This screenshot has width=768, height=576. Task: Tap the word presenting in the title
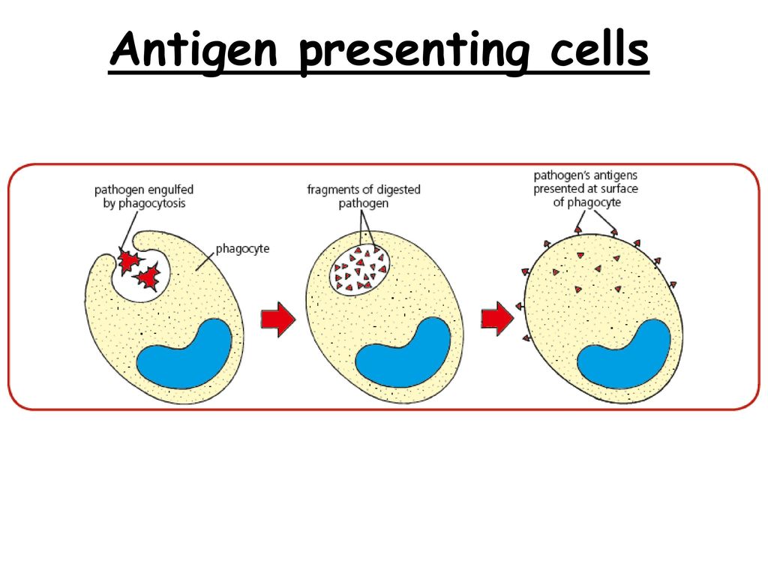click(x=414, y=52)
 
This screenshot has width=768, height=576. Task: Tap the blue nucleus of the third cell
click(x=624, y=354)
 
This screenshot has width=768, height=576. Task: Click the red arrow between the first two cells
click(x=278, y=319)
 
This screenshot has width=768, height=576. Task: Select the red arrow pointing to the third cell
click(x=497, y=319)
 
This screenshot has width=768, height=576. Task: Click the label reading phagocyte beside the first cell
click(x=242, y=249)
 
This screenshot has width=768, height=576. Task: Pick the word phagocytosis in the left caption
click(x=151, y=203)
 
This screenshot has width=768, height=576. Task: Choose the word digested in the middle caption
click(x=399, y=190)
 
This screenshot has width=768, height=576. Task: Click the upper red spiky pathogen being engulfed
click(x=129, y=259)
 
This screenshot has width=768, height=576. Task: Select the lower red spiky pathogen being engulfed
click(x=148, y=277)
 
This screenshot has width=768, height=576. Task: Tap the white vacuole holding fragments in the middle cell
click(x=359, y=269)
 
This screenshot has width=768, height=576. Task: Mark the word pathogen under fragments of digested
click(x=364, y=203)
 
